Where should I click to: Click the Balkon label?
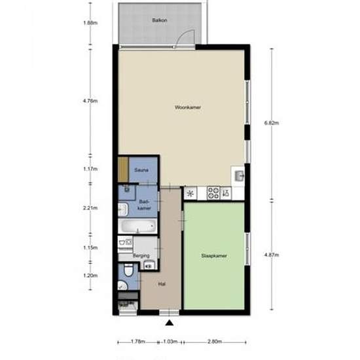pyautogui.click(x=160, y=20)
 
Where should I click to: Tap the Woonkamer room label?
pyautogui.click(x=188, y=107)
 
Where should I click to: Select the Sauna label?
pyautogui.click(x=141, y=170)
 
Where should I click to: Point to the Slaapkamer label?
pyautogui.click(x=214, y=255)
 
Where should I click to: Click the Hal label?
pyautogui.click(x=162, y=284)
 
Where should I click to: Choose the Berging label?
pyautogui.click(x=141, y=255)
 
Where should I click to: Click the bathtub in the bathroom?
pyautogui.click(x=137, y=226)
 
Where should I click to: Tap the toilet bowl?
pyautogui.click(x=128, y=270)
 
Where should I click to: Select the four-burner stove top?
pyautogui.click(x=213, y=193)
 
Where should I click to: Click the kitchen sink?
pyautogui.click(x=239, y=176)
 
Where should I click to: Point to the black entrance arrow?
pyautogui.click(x=170, y=323)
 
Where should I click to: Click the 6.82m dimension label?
pyautogui.click(x=272, y=123)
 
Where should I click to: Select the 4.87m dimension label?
pyautogui.click(x=272, y=255)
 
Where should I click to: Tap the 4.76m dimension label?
pyautogui.click(x=90, y=101)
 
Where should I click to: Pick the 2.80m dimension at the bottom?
pyautogui.click(x=215, y=342)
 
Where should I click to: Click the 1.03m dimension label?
pyautogui.click(x=170, y=342)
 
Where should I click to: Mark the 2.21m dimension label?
pyautogui.click(x=90, y=208)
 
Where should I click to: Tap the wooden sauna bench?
pyautogui.click(x=123, y=170)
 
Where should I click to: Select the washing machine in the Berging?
pyautogui.click(x=125, y=242)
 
